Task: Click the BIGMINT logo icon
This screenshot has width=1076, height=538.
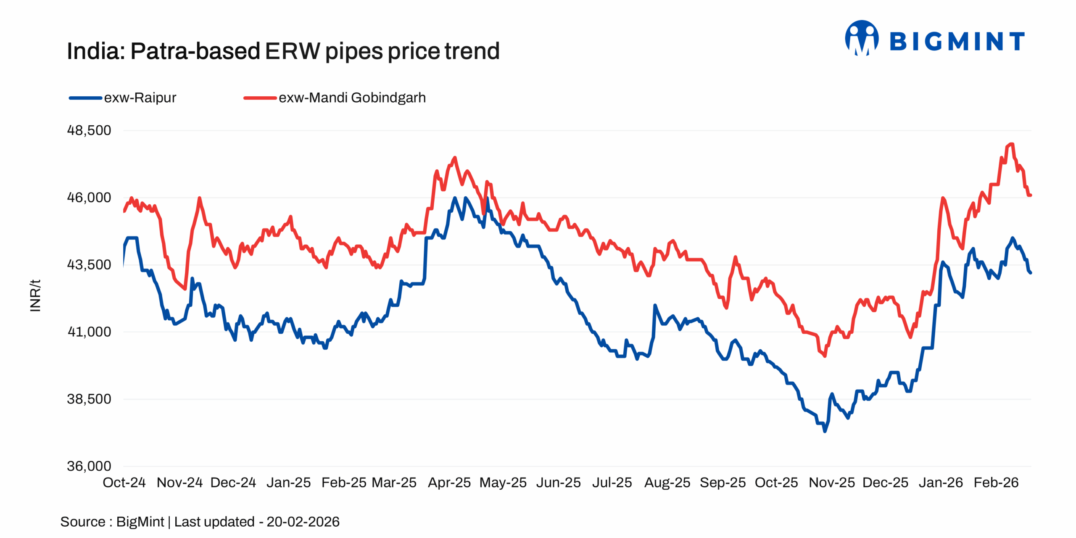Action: (x=861, y=38)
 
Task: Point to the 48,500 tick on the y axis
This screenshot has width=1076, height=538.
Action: (x=89, y=130)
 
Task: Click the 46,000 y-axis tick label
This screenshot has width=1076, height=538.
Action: (x=89, y=197)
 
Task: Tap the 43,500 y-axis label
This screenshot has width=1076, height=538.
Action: (x=89, y=264)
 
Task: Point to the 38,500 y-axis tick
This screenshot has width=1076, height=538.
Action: (x=89, y=398)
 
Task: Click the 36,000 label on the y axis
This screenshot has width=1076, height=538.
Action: (x=89, y=466)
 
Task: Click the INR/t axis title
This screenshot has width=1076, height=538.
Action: (x=35, y=295)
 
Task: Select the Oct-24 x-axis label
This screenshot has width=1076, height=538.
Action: (x=124, y=482)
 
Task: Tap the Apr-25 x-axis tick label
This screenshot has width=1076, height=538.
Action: (x=449, y=482)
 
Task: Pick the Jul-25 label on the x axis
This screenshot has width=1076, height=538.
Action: (x=612, y=482)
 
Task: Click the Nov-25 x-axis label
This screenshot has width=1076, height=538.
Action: (x=831, y=482)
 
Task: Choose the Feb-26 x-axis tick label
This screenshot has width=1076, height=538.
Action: (x=996, y=482)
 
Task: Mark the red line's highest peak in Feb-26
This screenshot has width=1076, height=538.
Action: (x=1011, y=144)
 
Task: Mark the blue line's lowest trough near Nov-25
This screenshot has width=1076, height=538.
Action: (x=824, y=431)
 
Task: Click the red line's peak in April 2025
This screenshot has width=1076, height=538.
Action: (x=454, y=158)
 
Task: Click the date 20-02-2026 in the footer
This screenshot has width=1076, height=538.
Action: (x=303, y=522)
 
